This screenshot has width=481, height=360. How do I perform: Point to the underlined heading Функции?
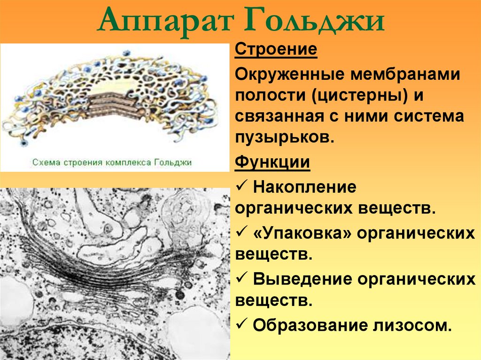[272, 163]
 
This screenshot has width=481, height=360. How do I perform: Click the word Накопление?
[304, 187]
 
